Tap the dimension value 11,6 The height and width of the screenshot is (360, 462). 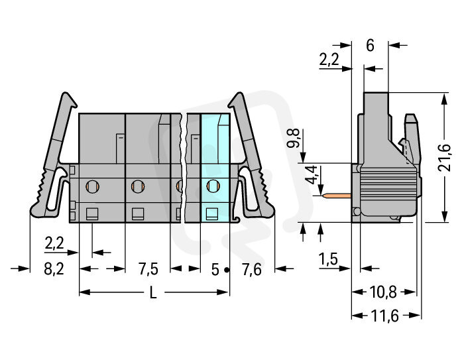(385, 316)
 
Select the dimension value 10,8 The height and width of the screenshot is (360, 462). (383, 292)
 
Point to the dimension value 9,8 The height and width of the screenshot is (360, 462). (294, 138)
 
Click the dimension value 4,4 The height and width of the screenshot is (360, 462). (312, 175)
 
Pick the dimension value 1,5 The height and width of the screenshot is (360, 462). (329, 259)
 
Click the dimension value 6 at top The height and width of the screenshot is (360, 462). (370, 45)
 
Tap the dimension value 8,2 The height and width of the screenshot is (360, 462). (54, 269)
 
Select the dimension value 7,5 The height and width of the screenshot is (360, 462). (148, 269)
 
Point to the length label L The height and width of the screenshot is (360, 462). (153, 292)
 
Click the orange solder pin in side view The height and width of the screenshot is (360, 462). (337, 196)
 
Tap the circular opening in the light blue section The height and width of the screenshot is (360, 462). (213, 186)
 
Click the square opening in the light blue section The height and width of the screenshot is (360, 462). (212, 213)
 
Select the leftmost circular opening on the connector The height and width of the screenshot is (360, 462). (92, 186)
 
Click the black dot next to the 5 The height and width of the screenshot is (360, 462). (226, 270)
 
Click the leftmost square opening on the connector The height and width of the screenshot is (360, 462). (92, 214)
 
